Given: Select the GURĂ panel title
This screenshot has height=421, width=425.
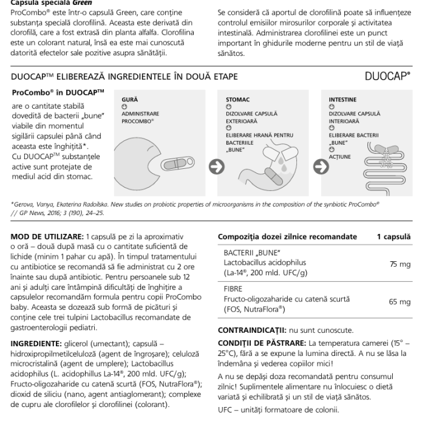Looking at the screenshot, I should [129, 97].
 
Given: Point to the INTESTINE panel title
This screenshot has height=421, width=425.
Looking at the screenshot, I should [342, 97].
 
